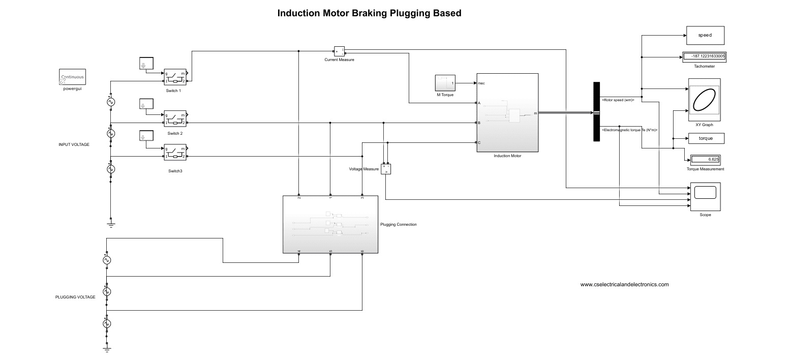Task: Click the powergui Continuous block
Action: tap(72, 77)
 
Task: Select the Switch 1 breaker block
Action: tap(175, 77)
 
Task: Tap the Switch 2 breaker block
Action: tap(175, 119)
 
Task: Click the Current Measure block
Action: tap(339, 51)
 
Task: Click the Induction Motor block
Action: tap(507, 112)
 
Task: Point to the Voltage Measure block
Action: tap(386, 169)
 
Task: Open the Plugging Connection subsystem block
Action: tap(330, 224)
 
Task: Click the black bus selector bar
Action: tap(597, 112)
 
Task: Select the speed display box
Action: tap(705, 36)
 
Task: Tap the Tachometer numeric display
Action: tap(704, 57)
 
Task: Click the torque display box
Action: tap(705, 138)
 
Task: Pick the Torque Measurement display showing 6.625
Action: tap(705, 159)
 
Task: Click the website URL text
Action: tap(624, 285)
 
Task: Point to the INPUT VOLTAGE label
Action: tap(74, 144)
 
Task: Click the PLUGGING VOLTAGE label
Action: tap(75, 297)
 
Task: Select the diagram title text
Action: tap(369, 14)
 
